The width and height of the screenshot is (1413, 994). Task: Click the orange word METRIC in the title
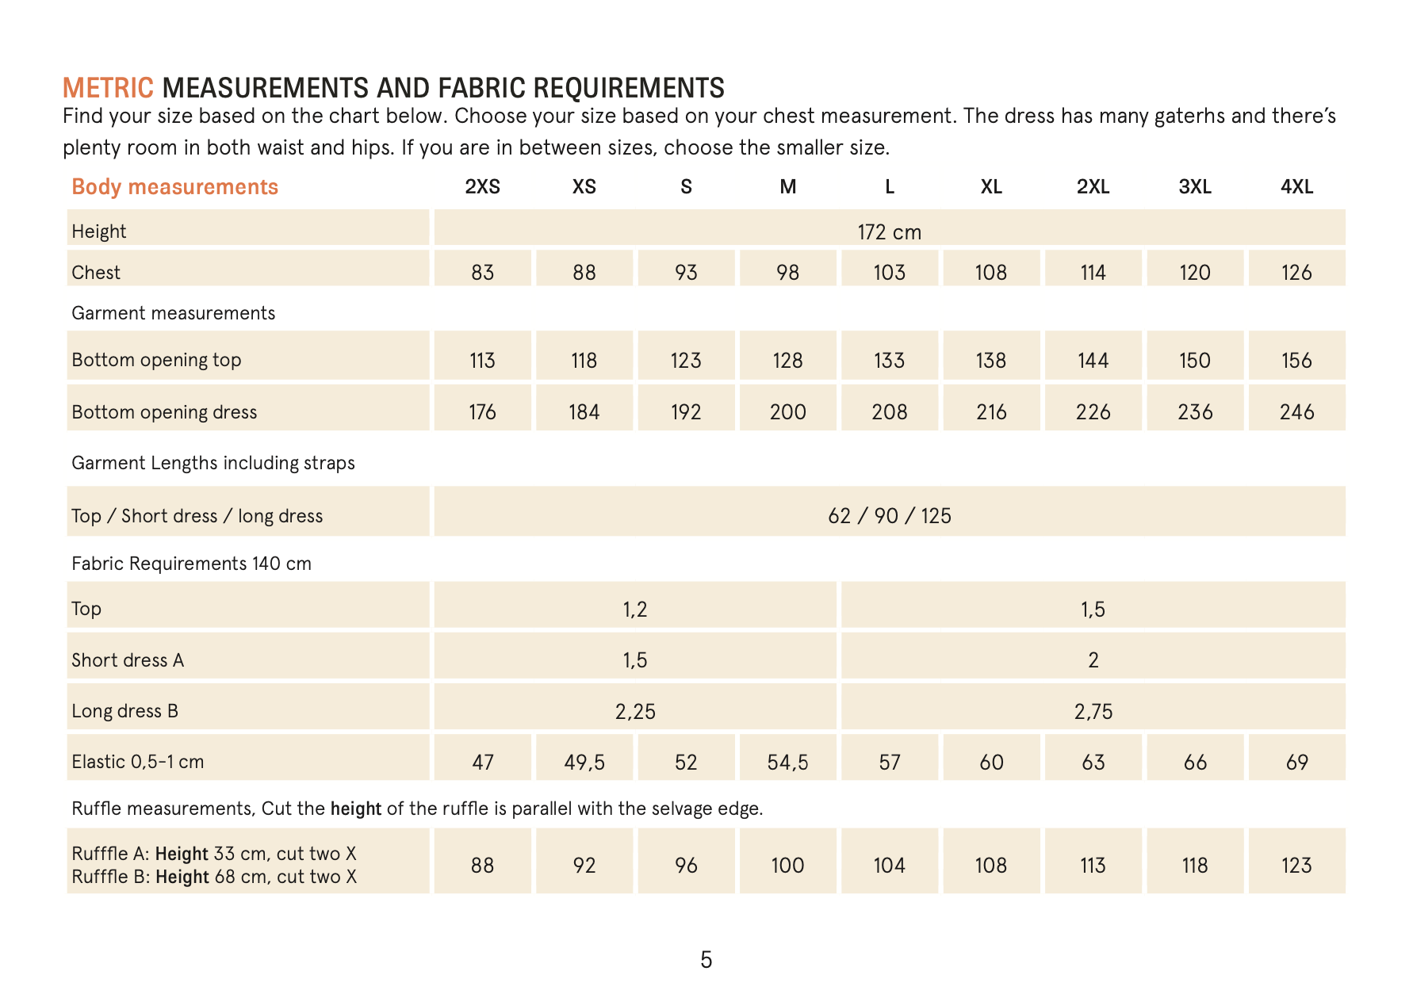pos(108,87)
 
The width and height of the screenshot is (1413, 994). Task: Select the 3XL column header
pos(1194,187)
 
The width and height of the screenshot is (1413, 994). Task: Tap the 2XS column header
pos(482,187)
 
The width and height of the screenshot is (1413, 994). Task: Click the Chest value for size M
pos(787,272)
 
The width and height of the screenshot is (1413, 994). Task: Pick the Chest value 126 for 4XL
pos(1296,272)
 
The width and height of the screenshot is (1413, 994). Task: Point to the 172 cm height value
pos(889,231)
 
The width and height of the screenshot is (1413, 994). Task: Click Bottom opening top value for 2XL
pos(1093,360)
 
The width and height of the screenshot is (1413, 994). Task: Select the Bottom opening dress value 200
pos(787,411)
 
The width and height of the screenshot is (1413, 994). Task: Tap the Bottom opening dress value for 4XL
pos(1296,411)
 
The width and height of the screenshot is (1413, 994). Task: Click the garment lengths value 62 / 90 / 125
pos(889,516)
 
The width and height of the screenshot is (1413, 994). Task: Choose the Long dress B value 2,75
pos(1093,711)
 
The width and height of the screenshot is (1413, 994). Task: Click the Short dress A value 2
pos(1093,659)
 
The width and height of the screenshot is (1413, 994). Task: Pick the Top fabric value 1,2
pos(634,609)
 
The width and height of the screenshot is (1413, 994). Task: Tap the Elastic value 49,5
pos(584,762)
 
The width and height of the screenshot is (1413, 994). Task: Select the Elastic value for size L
pos(889,762)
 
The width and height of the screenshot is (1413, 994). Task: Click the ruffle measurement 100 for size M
pos(787,865)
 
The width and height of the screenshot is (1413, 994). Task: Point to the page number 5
pos(706,960)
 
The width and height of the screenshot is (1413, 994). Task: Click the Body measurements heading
pos(174,187)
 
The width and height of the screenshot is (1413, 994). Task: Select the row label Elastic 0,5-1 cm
pos(138,762)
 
